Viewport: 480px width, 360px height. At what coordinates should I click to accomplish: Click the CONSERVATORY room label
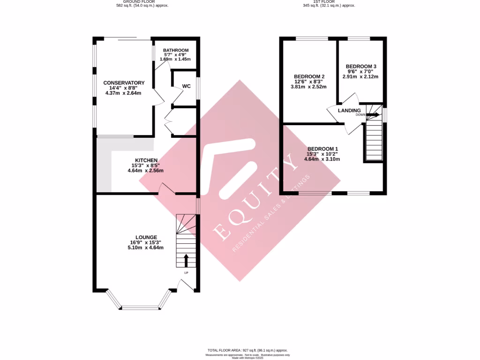point(124,83)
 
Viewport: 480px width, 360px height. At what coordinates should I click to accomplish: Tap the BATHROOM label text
point(176,50)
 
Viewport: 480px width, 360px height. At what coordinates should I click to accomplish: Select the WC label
point(186,86)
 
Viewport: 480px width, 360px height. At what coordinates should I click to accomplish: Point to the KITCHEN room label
point(145,160)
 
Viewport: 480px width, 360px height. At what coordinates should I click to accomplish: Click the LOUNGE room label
point(146,237)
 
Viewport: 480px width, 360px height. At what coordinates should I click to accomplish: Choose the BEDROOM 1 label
point(322,149)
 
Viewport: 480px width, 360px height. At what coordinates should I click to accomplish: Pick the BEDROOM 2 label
point(309,76)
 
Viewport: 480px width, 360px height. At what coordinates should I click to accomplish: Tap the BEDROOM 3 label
point(361,67)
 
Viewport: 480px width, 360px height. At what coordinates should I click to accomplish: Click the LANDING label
point(350,111)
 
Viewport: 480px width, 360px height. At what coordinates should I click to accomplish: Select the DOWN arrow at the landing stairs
point(373,114)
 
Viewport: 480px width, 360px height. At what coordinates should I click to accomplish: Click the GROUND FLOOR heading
point(142,1)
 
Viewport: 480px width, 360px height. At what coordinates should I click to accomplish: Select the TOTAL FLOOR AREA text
point(247,350)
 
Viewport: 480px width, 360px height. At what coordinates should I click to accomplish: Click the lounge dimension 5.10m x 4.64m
point(145,247)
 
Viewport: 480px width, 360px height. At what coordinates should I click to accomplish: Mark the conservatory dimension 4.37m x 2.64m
point(124,93)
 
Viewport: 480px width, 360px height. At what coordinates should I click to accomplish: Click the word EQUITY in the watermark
point(253,206)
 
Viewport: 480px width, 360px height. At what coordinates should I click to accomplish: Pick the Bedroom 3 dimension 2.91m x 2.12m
point(360,76)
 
